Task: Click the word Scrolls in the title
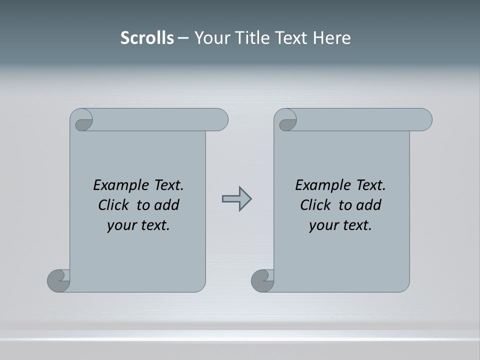click(147, 38)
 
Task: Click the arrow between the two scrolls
click(236, 199)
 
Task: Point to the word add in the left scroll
click(167, 205)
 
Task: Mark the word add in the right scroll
click(369, 205)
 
